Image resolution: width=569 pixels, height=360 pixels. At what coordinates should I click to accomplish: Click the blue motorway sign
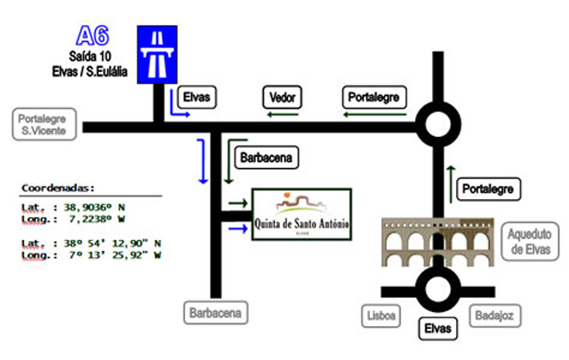tap(157, 54)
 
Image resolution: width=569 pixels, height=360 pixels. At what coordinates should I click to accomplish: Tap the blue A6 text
tap(92, 36)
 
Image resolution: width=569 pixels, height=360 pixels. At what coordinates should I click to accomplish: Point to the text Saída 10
tap(90, 56)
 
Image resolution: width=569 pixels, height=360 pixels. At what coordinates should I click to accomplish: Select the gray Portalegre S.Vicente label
tap(44, 124)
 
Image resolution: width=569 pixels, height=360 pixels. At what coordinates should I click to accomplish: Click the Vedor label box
tap(282, 97)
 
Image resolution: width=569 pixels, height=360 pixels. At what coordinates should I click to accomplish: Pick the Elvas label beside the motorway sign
tap(196, 97)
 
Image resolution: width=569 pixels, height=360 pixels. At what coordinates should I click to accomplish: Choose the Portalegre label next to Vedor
tap(374, 97)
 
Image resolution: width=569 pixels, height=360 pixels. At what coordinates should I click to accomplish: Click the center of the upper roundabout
tap(438, 124)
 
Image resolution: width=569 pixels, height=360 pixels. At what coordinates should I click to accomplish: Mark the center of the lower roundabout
tap(438, 290)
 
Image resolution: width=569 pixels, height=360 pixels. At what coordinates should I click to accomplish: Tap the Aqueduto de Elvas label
tap(530, 241)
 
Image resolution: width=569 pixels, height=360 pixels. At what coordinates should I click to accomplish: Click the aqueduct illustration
tap(437, 243)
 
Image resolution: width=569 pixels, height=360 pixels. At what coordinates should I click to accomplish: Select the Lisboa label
tap(381, 316)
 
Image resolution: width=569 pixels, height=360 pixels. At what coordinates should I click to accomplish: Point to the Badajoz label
tap(495, 316)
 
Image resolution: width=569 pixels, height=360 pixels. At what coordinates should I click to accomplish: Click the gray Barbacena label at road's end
tap(215, 313)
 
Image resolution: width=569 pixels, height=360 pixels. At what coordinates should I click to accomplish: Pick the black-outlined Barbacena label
tap(267, 157)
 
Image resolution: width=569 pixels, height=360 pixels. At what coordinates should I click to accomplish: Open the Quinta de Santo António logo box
tap(301, 214)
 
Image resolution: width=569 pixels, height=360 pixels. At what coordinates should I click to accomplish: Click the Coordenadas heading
tap(58, 188)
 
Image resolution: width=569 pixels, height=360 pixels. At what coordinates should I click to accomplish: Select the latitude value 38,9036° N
tap(94, 207)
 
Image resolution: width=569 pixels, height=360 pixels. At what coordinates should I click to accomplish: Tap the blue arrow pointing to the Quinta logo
tap(238, 228)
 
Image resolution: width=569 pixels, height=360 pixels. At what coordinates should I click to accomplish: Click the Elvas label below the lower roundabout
tap(438, 328)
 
